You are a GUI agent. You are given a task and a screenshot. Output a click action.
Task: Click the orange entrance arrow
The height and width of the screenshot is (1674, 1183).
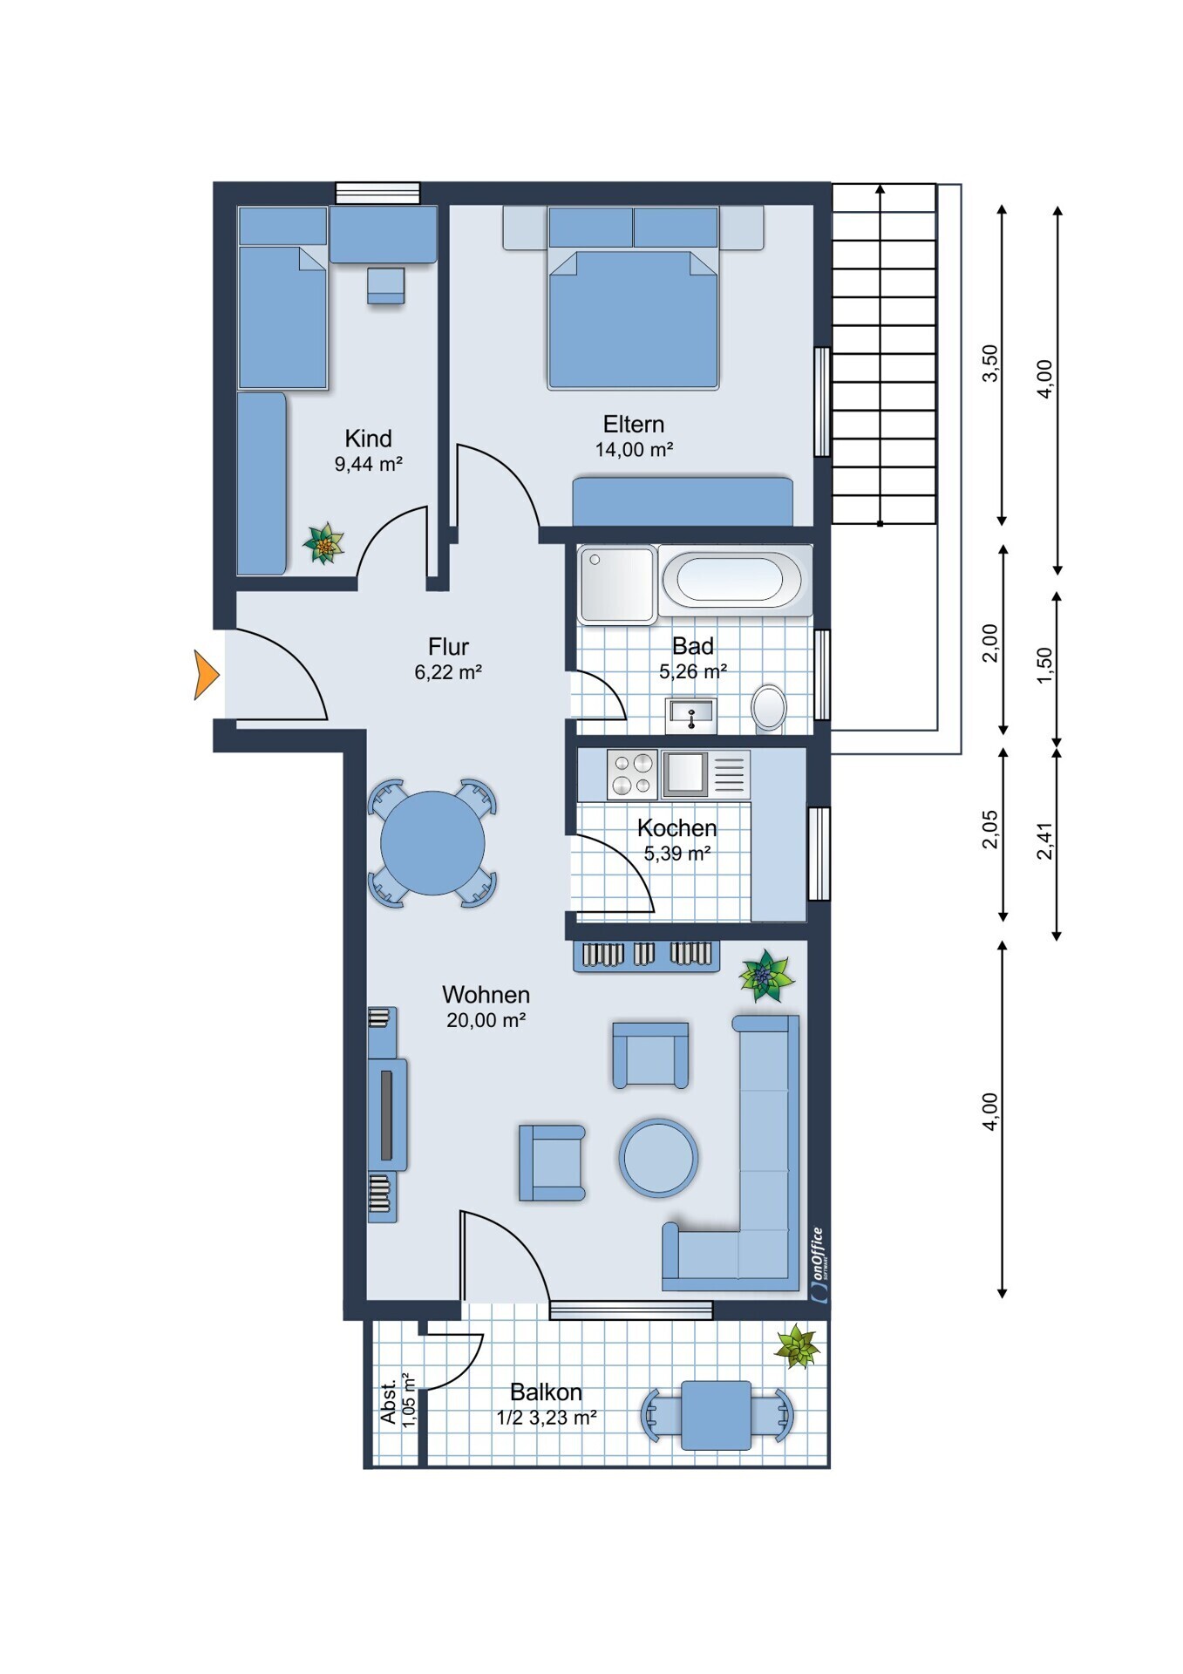click(206, 675)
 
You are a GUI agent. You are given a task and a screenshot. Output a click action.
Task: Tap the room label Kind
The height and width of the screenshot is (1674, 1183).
click(368, 438)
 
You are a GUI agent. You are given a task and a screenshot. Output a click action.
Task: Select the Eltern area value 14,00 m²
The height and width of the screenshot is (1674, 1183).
click(634, 450)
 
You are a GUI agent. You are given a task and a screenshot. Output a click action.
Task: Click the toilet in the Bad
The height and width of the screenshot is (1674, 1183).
click(769, 707)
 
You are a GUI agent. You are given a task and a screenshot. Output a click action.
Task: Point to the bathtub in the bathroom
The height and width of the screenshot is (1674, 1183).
click(731, 580)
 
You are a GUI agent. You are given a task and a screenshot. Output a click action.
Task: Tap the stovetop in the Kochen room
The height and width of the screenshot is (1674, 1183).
click(632, 774)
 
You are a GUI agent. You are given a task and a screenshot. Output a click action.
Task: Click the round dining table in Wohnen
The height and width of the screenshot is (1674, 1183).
click(432, 843)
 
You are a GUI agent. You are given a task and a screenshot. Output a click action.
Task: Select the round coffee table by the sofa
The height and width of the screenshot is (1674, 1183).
click(658, 1158)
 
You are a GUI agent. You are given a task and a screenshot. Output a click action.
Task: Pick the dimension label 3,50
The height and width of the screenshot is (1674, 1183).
click(989, 363)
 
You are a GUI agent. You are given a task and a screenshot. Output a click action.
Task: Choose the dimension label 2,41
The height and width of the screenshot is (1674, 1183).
click(1044, 840)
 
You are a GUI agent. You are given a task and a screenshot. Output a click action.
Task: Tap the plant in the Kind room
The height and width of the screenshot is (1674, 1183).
click(323, 544)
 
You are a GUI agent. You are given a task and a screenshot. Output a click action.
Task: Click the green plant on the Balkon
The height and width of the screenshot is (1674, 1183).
click(797, 1347)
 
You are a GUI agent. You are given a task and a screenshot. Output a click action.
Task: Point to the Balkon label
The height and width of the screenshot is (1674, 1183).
click(546, 1392)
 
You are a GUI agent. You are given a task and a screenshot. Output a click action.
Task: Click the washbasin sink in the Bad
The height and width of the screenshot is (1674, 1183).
click(690, 716)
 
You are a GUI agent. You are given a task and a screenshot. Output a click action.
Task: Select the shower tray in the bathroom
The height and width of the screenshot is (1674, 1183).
click(617, 584)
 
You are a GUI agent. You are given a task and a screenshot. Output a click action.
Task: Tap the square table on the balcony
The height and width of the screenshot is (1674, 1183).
click(716, 1415)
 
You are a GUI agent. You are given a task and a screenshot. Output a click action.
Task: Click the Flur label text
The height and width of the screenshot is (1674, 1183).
click(448, 647)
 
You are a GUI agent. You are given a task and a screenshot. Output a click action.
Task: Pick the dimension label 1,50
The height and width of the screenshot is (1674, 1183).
click(1044, 666)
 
